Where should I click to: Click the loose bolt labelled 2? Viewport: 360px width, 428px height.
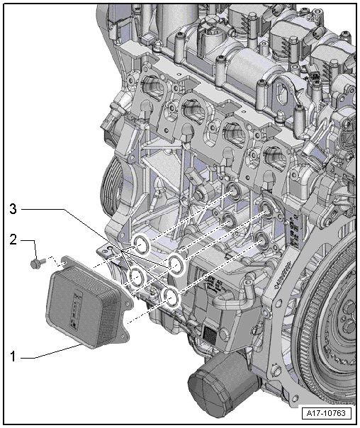click(35, 264)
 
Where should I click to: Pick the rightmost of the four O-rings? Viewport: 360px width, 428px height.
click(177, 265)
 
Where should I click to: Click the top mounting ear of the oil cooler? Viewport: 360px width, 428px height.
click(65, 263)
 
